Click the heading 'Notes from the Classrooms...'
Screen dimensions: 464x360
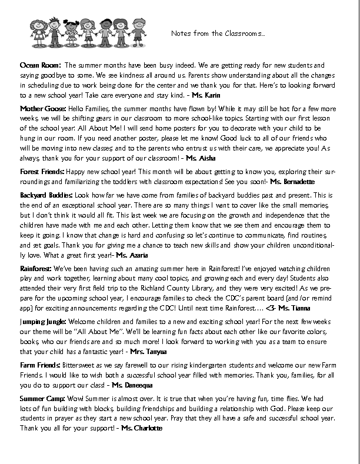(x=218, y=34)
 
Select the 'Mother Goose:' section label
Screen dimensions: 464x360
(x=42, y=109)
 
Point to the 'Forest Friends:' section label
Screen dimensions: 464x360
(x=43, y=171)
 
